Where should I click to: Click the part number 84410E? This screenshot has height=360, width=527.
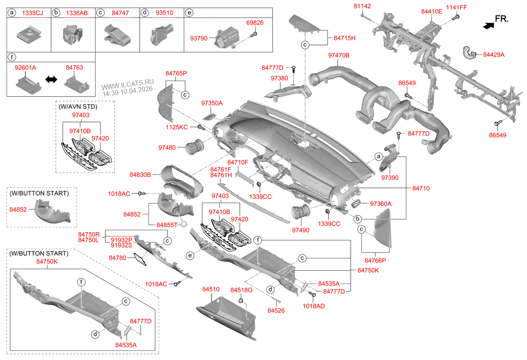point(432,11)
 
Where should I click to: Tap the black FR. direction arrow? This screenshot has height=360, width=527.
point(488,25)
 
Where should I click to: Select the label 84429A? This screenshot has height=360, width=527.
point(494,55)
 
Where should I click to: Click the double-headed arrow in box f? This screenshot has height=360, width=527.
point(51,80)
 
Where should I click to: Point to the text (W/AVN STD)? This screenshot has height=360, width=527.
point(78,106)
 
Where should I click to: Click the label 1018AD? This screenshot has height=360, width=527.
point(313,306)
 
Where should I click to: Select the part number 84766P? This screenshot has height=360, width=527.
point(376,260)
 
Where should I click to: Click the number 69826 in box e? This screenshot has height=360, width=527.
point(255,23)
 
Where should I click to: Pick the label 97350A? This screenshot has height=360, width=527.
point(212,103)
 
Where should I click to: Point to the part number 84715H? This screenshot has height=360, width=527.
point(344,38)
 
